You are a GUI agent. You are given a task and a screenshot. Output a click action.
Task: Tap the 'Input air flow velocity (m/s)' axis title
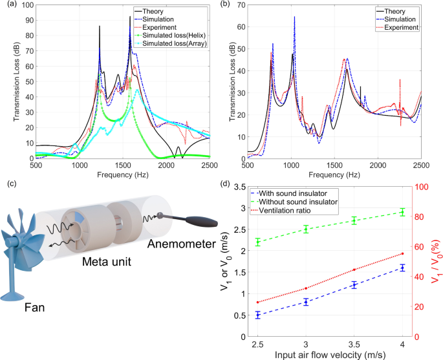coord(330,354)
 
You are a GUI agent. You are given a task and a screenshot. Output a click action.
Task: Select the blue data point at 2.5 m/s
coord(257,315)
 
